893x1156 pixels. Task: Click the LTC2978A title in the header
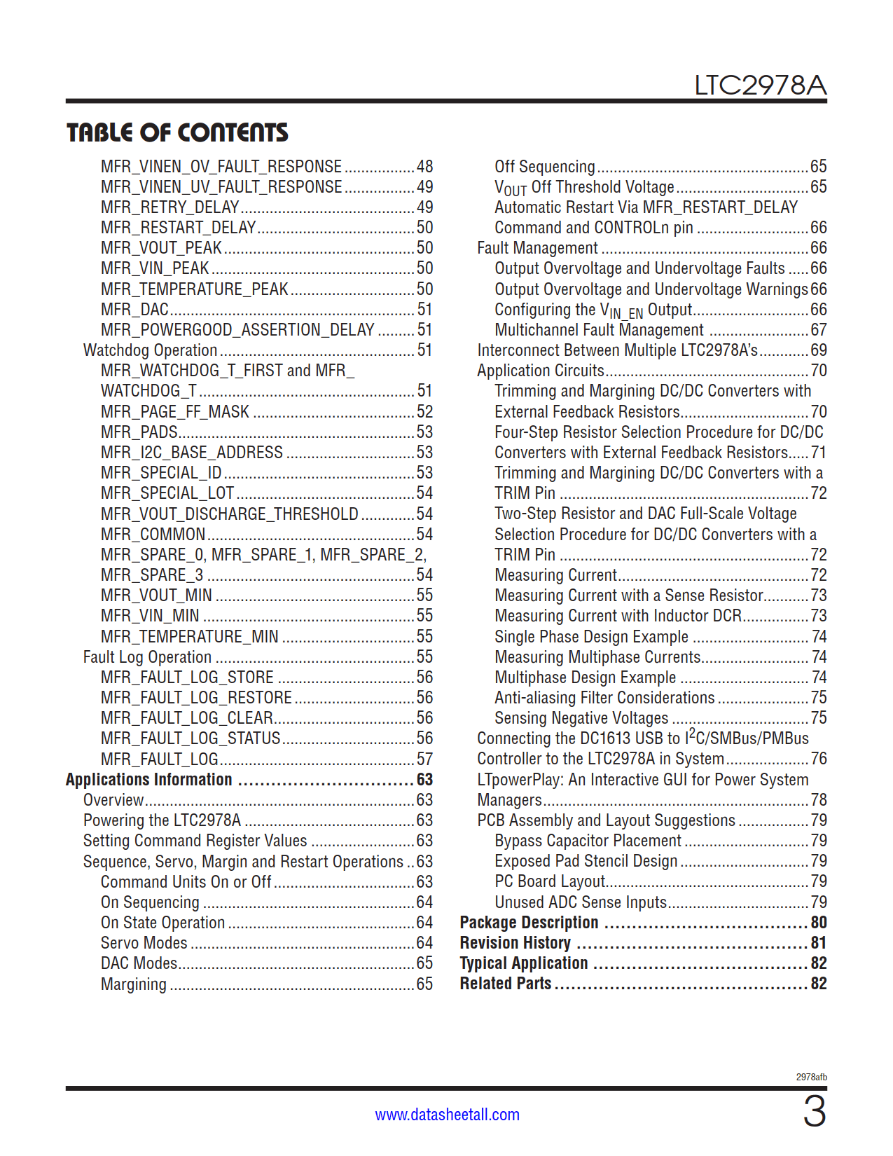coord(760,85)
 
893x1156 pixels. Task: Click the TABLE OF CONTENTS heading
coord(177,132)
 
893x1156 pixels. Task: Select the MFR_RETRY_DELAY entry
coord(170,207)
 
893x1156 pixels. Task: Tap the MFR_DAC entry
coord(134,310)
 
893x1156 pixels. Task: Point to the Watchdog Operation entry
coord(151,350)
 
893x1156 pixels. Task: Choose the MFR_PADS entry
coord(139,432)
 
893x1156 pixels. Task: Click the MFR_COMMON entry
coord(153,535)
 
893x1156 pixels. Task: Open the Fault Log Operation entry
coord(147,657)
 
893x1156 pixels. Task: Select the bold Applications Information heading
coord(148,780)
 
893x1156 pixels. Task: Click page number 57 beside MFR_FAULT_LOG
coord(424,759)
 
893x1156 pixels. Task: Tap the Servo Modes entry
coord(144,943)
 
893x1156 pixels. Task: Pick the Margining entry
coord(134,984)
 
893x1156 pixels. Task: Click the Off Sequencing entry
coord(545,167)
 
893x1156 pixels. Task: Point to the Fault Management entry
coord(537,248)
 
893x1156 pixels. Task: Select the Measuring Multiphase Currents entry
coord(597,657)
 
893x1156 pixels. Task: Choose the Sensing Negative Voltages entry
coord(581,718)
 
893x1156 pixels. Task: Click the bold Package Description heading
coord(529,923)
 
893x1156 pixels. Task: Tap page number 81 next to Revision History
coord(818,943)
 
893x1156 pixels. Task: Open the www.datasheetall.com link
coord(447,1115)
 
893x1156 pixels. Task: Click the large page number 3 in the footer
coord(814,1112)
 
